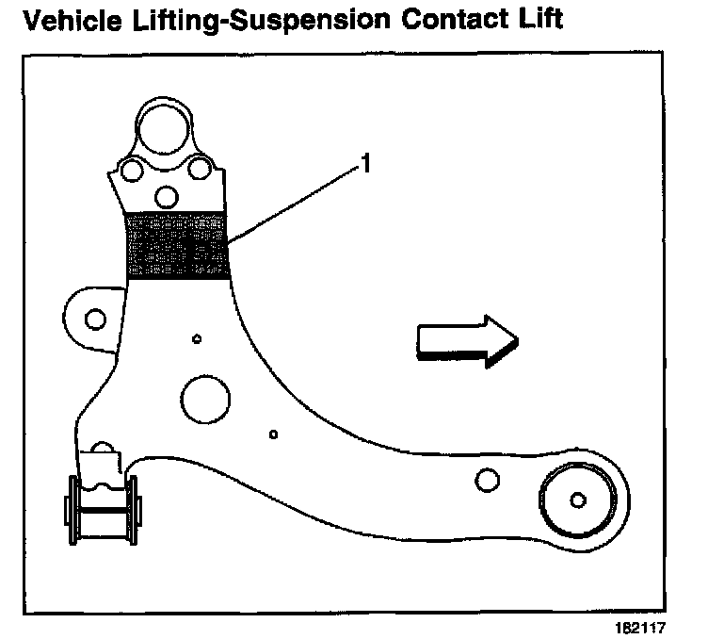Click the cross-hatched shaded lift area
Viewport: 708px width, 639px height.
point(178,245)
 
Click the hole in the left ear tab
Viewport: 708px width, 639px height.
point(94,319)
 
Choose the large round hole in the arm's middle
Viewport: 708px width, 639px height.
point(205,399)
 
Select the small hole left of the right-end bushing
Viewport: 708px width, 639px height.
point(486,482)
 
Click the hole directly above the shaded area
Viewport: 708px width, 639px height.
point(167,197)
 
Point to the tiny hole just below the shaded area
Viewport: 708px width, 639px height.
point(196,338)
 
